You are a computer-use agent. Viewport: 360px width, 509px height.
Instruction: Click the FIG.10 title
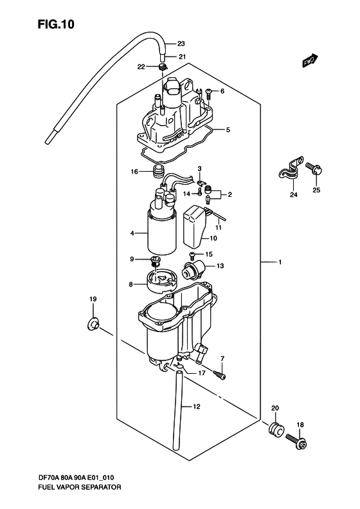pyautogui.click(x=56, y=24)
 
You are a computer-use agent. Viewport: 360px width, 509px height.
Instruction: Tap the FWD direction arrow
pyautogui.click(x=310, y=60)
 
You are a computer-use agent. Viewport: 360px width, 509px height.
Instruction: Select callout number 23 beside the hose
pyautogui.click(x=181, y=44)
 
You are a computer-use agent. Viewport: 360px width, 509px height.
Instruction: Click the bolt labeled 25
pyautogui.click(x=314, y=169)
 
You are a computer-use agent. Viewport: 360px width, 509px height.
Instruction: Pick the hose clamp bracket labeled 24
pyautogui.click(x=291, y=171)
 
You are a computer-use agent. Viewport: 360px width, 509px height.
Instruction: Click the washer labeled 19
pyautogui.click(x=93, y=323)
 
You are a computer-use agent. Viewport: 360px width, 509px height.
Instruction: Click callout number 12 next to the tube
pyautogui.click(x=197, y=406)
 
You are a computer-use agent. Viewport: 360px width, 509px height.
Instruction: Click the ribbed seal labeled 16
pyautogui.click(x=159, y=171)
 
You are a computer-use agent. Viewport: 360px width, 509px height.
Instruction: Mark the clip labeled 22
pyautogui.click(x=163, y=68)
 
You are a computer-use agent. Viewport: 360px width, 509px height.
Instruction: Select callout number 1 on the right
pyautogui.click(x=280, y=263)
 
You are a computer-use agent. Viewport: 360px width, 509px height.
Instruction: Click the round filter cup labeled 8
pyautogui.click(x=161, y=281)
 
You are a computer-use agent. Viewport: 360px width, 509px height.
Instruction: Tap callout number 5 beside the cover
pyautogui.click(x=228, y=130)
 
